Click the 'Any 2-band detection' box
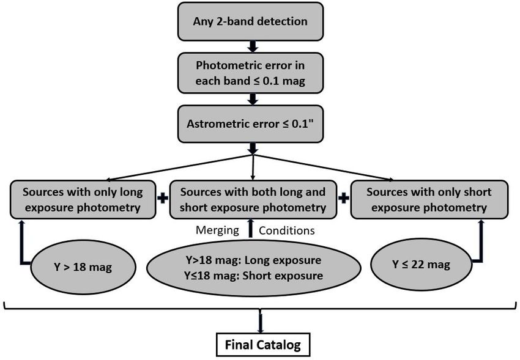(x=250, y=21)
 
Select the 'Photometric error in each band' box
(x=250, y=73)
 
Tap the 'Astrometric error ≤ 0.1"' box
(x=250, y=124)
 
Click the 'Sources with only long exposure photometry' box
(x=83, y=199)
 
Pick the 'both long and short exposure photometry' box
(x=253, y=199)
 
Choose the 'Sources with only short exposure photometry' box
(x=429, y=199)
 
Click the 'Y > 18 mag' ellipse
(x=83, y=267)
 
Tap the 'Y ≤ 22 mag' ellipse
(x=421, y=265)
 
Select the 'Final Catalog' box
(x=263, y=345)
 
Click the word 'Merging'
(x=217, y=230)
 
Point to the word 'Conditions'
(x=286, y=230)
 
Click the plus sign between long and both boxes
(x=163, y=198)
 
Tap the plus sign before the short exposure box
(x=344, y=198)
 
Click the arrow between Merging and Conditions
(x=251, y=228)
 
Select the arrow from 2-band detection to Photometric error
(x=253, y=46)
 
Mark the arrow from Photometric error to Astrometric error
(x=253, y=99)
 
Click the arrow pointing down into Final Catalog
(x=261, y=321)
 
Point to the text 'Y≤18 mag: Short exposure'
(x=253, y=276)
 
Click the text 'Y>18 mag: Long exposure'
(x=253, y=260)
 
